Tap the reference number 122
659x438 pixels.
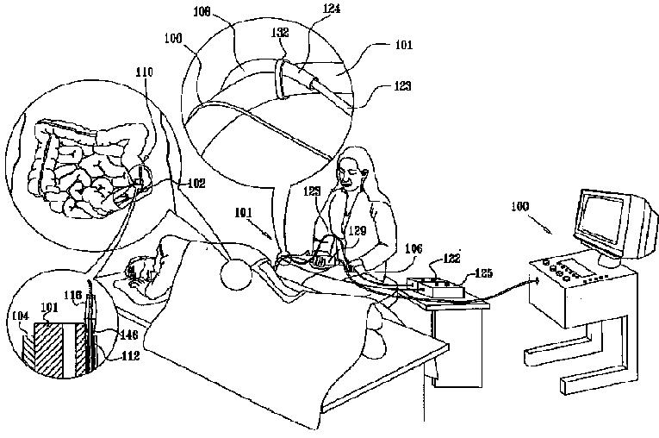pos(451,258)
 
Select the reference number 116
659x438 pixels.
pos(73,296)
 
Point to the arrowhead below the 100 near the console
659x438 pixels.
pos(549,232)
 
